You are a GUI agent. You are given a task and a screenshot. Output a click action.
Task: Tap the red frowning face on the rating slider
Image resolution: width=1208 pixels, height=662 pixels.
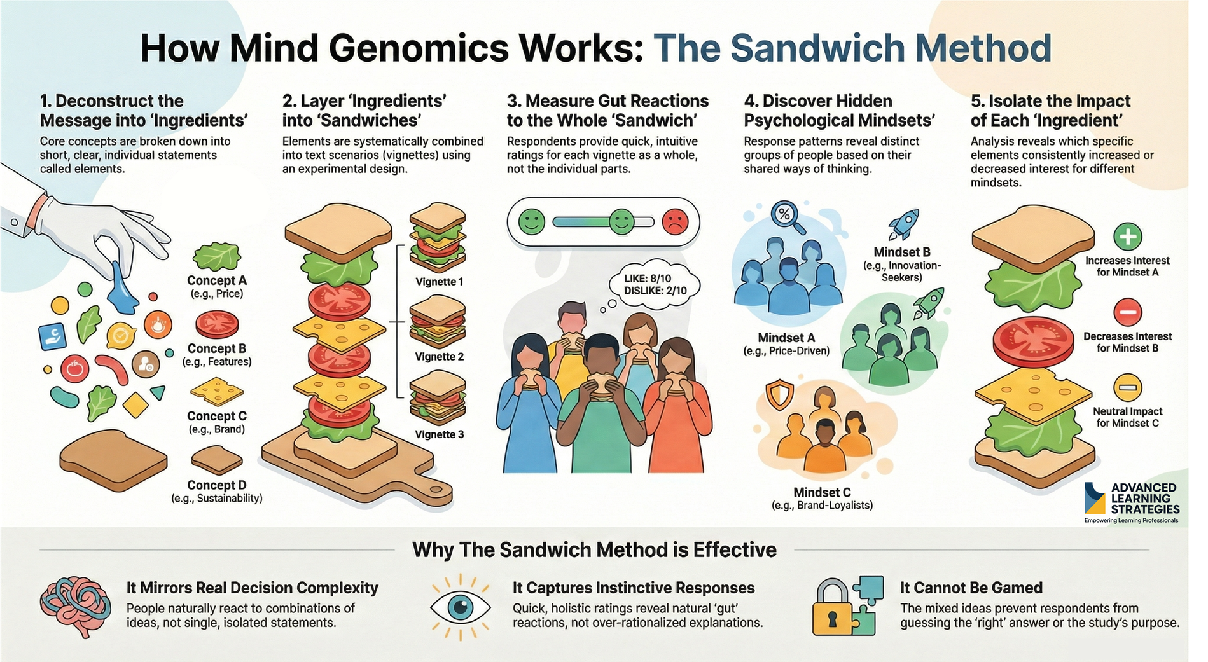pyautogui.click(x=675, y=222)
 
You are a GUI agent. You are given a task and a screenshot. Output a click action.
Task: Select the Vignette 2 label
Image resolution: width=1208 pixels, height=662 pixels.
pyautogui.click(x=439, y=357)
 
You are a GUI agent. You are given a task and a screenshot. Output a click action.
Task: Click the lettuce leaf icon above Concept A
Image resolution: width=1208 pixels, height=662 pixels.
pyautogui.click(x=217, y=257)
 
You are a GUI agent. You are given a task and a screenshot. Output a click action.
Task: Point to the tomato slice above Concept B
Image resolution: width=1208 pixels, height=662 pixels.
pyautogui.click(x=217, y=324)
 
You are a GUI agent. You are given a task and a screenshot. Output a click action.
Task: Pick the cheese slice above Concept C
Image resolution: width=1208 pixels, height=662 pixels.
pyautogui.click(x=217, y=392)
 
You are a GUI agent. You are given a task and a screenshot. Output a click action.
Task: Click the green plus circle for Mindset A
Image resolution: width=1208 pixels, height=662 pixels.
pyautogui.click(x=1127, y=237)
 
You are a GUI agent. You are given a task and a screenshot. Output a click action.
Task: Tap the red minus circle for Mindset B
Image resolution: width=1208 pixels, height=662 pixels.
pyautogui.click(x=1127, y=312)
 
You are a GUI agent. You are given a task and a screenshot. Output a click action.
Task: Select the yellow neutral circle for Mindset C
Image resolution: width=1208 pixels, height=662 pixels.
pyautogui.click(x=1127, y=387)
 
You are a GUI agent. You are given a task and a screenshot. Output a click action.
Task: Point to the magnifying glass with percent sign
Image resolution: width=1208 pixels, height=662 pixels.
pyautogui.click(x=787, y=216)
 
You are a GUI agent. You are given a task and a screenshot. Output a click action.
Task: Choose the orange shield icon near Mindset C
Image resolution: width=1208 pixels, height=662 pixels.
pyautogui.click(x=779, y=395)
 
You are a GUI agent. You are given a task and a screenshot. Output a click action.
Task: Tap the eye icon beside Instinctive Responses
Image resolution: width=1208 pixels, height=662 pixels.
pyautogui.click(x=460, y=607)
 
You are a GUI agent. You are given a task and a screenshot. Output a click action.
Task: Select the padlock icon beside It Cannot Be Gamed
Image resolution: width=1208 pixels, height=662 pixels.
pyautogui.click(x=833, y=610)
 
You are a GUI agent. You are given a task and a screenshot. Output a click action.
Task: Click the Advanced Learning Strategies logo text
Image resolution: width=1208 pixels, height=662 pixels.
pyautogui.click(x=1144, y=499)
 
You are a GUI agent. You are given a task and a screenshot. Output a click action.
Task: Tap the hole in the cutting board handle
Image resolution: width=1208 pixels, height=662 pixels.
pyautogui.click(x=437, y=490)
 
